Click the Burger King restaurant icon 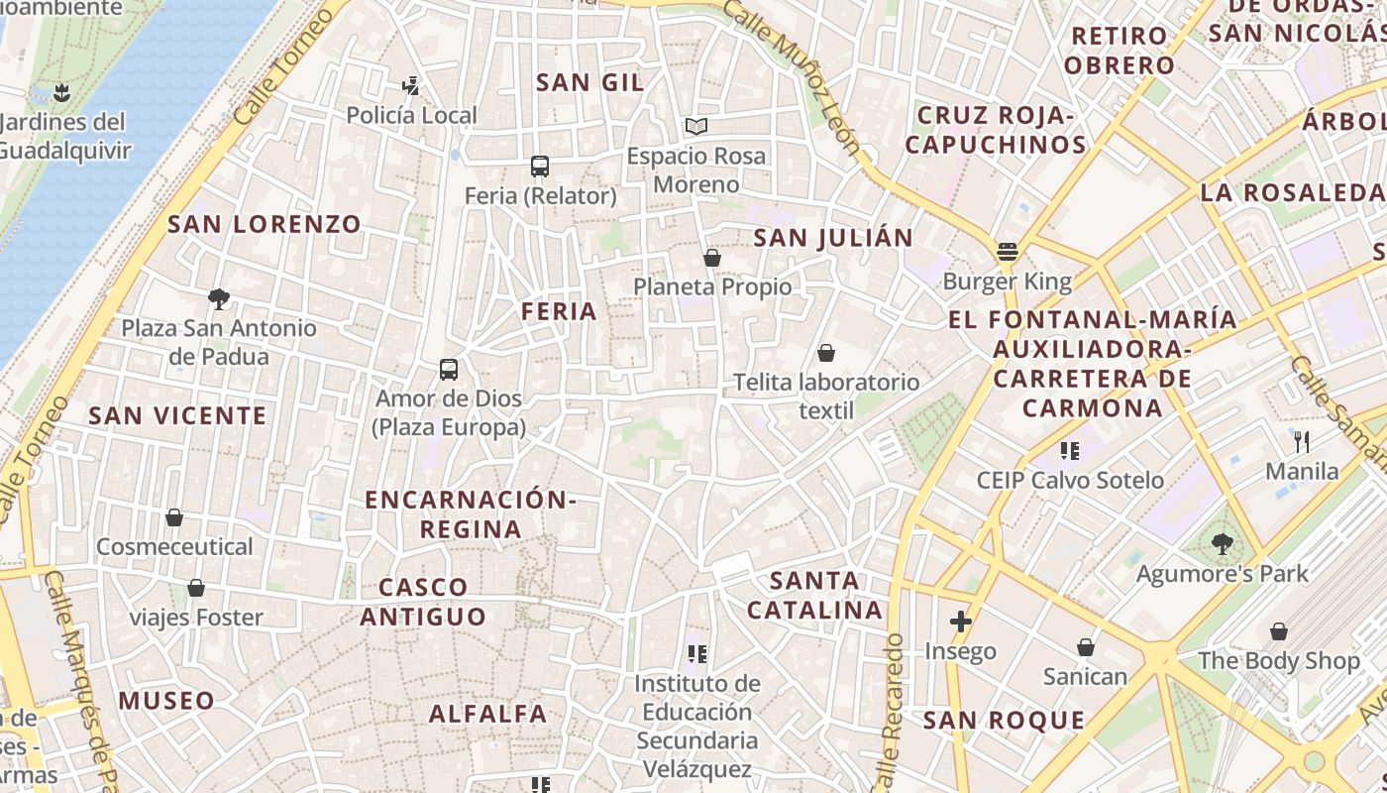click(1008, 252)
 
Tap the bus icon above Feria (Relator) click(540, 167)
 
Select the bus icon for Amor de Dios click(449, 370)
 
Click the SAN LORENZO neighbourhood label click(265, 224)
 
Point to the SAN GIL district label click(590, 83)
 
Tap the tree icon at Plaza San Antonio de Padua click(219, 298)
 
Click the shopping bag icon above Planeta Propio click(711, 259)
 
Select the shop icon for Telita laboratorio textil click(825, 353)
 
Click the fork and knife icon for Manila click(1302, 442)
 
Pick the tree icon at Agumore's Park click(1222, 543)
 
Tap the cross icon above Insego click(960, 622)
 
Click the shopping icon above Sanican click(1086, 647)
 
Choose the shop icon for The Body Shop click(1279, 631)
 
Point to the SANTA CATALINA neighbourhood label click(814, 595)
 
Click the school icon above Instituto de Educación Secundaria click(697, 654)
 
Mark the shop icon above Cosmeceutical click(174, 517)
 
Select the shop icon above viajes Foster click(196, 588)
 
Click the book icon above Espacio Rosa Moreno click(696, 127)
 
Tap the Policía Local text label click(411, 115)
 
